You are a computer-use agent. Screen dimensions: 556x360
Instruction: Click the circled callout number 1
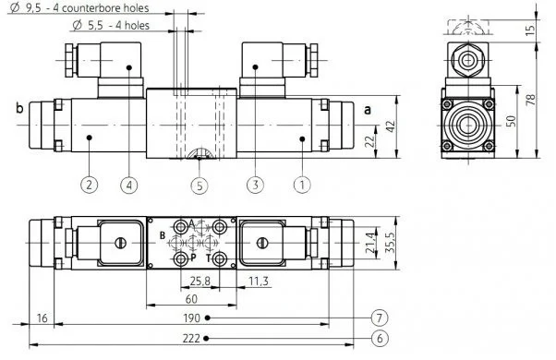(x=302, y=185)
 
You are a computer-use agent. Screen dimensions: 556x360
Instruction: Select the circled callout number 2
(x=89, y=185)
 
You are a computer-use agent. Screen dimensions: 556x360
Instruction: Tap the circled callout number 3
(x=255, y=185)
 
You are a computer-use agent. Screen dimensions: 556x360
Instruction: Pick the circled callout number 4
(x=129, y=185)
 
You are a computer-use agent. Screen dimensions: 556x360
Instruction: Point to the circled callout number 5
(x=199, y=186)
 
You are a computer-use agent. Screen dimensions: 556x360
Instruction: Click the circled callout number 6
(x=380, y=339)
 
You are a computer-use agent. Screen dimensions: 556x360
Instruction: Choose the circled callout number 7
(x=380, y=318)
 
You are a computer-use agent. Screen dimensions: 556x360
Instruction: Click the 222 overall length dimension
(x=191, y=339)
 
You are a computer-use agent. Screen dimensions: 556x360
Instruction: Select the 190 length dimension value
(x=191, y=318)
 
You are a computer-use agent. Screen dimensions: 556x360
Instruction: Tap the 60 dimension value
(x=191, y=299)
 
